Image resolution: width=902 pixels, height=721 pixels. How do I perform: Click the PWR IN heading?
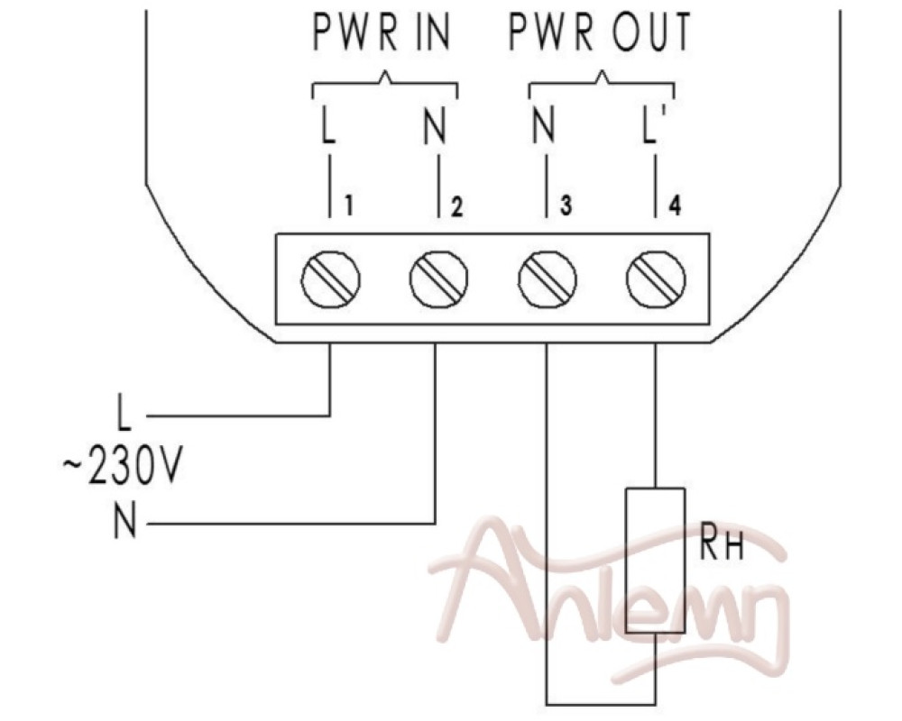(382, 32)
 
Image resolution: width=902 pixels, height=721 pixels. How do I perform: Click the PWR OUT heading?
(600, 32)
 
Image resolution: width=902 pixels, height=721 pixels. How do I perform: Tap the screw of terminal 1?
(331, 280)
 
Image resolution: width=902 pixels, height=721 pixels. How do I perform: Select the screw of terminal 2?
(439, 278)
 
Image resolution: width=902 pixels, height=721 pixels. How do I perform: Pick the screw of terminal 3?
(548, 278)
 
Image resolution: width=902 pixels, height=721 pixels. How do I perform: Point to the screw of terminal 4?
(656, 278)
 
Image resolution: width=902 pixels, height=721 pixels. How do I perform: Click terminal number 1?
(347, 205)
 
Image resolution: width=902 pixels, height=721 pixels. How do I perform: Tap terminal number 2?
(456, 206)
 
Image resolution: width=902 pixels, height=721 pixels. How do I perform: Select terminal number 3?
(566, 205)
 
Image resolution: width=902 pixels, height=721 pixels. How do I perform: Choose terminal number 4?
(675, 205)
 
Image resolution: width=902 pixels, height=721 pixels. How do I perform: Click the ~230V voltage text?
(122, 468)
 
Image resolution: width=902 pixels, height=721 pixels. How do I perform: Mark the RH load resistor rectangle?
(656, 561)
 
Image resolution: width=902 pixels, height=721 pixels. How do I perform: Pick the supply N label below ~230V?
(125, 520)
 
